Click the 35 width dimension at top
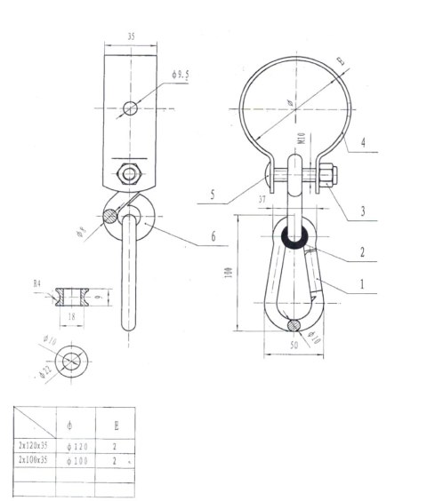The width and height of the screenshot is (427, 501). click(x=131, y=37)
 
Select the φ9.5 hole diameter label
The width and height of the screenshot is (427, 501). click(x=181, y=76)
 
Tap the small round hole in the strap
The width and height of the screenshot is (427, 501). click(x=131, y=107)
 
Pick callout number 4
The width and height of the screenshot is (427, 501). click(x=364, y=142)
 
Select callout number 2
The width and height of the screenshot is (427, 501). click(x=362, y=252)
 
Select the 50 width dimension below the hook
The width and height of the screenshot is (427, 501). click(x=294, y=343)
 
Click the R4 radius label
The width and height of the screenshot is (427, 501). click(x=37, y=283)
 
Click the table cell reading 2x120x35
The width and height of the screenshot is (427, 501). click(x=35, y=444)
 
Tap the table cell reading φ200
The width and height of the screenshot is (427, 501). click(x=75, y=462)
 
